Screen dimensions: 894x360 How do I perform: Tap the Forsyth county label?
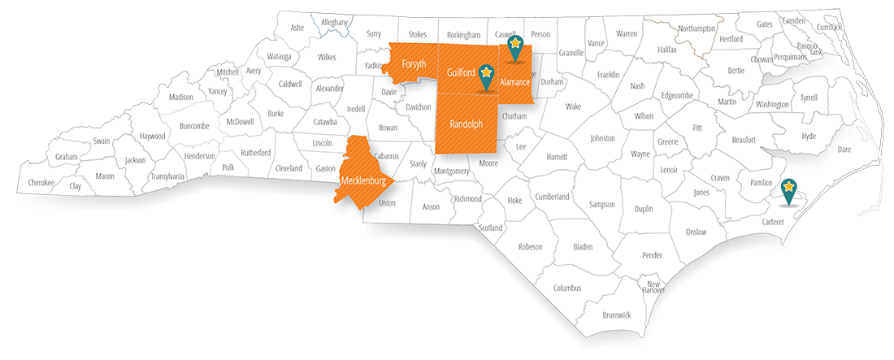(414, 64)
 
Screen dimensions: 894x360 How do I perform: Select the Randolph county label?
(466, 124)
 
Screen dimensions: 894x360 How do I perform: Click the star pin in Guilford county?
(486, 73)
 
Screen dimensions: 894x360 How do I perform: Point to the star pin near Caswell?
(514, 45)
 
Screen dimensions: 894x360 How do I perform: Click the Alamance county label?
(514, 82)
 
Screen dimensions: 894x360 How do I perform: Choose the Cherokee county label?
(41, 183)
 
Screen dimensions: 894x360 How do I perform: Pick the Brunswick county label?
(617, 314)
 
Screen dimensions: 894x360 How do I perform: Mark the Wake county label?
(574, 106)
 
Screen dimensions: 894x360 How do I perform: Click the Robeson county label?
(530, 246)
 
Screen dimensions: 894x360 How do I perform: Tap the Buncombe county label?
(194, 125)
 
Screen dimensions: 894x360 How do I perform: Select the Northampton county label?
(697, 28)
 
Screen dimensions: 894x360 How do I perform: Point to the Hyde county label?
(809, 136)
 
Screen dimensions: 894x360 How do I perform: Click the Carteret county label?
(772, 221)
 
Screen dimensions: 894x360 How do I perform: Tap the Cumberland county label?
(553, 197)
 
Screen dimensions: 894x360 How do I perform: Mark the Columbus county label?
(567, 288)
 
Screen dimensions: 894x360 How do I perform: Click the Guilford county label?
(461, 73)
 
